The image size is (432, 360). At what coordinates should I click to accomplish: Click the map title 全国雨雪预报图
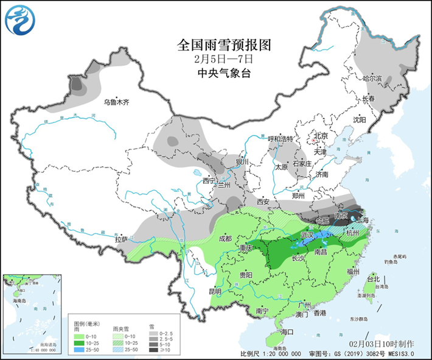(x=223, y=45)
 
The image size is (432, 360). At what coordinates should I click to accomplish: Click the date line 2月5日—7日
(x=223, y=60)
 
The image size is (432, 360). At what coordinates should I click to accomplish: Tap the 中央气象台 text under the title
(x=223, y=74)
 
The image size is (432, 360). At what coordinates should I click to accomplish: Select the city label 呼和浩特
(x=280, y=139)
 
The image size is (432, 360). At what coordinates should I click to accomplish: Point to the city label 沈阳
(x=360, y=120)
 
